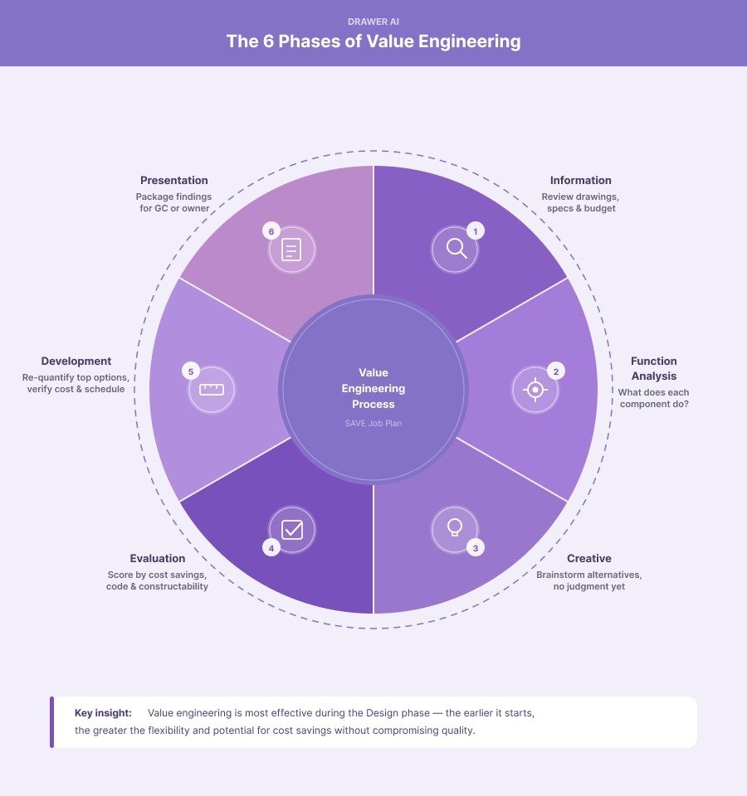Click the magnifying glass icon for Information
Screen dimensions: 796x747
[x=456, y=249]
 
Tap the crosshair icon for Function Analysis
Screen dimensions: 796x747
[x=535, y=389]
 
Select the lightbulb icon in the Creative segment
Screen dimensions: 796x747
[x=455, y=528]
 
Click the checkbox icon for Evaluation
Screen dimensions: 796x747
[x=292, y=529]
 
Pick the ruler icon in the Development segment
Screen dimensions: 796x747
[x=212, y=389]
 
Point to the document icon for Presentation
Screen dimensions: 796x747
[x=291, y=249]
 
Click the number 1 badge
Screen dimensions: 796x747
[x=475, y=231]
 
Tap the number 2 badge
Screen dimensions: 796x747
[x=555, y=371]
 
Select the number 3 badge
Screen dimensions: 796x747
[x=475, y=547]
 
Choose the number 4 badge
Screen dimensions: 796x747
[x=271, y=547]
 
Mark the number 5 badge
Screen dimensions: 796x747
[x=191, y=371]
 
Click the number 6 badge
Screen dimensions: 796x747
[x=271, y=231]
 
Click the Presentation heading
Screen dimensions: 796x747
[x=174, y=180]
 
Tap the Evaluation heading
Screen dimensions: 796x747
[x=158, y=558]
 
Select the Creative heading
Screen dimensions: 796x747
[x=589, y=558]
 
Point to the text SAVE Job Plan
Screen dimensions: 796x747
[x=373, y=424]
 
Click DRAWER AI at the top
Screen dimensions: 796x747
[x=373, y=22]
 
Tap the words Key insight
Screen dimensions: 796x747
[x=103, y=712]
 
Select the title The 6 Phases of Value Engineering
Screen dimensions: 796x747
[x=373, y=41]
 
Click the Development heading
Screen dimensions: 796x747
[x=76, y=361]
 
